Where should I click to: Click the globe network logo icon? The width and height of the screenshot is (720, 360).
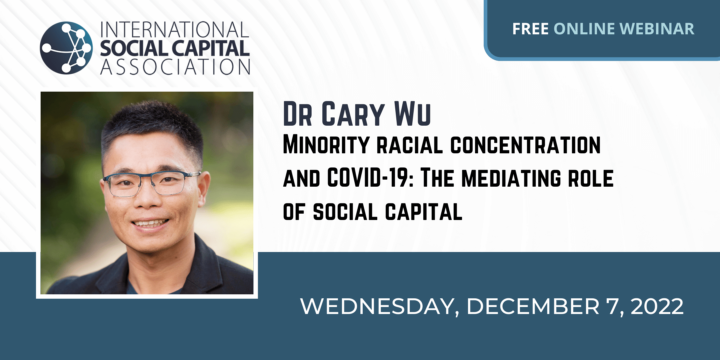pyautogui.click(x=66, y=48)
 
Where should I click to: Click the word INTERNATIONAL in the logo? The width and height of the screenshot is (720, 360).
pyautogui.click(x=175, y=30)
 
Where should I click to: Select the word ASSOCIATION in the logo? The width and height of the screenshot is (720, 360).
pyautogui.click(x=175, y=67)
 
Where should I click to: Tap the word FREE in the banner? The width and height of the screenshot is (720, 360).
pyautogui.click(x=530, y=29)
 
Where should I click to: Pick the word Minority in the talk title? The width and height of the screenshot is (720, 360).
pyautogui.click(x=326, y=145)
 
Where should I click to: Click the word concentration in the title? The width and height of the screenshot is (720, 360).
pyautogui.click(x=526, y=145)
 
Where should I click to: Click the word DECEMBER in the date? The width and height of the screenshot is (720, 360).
pyautogui.click(x=533, y=306)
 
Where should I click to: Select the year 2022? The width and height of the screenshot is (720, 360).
pyautogui.click(x=657, y=306)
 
